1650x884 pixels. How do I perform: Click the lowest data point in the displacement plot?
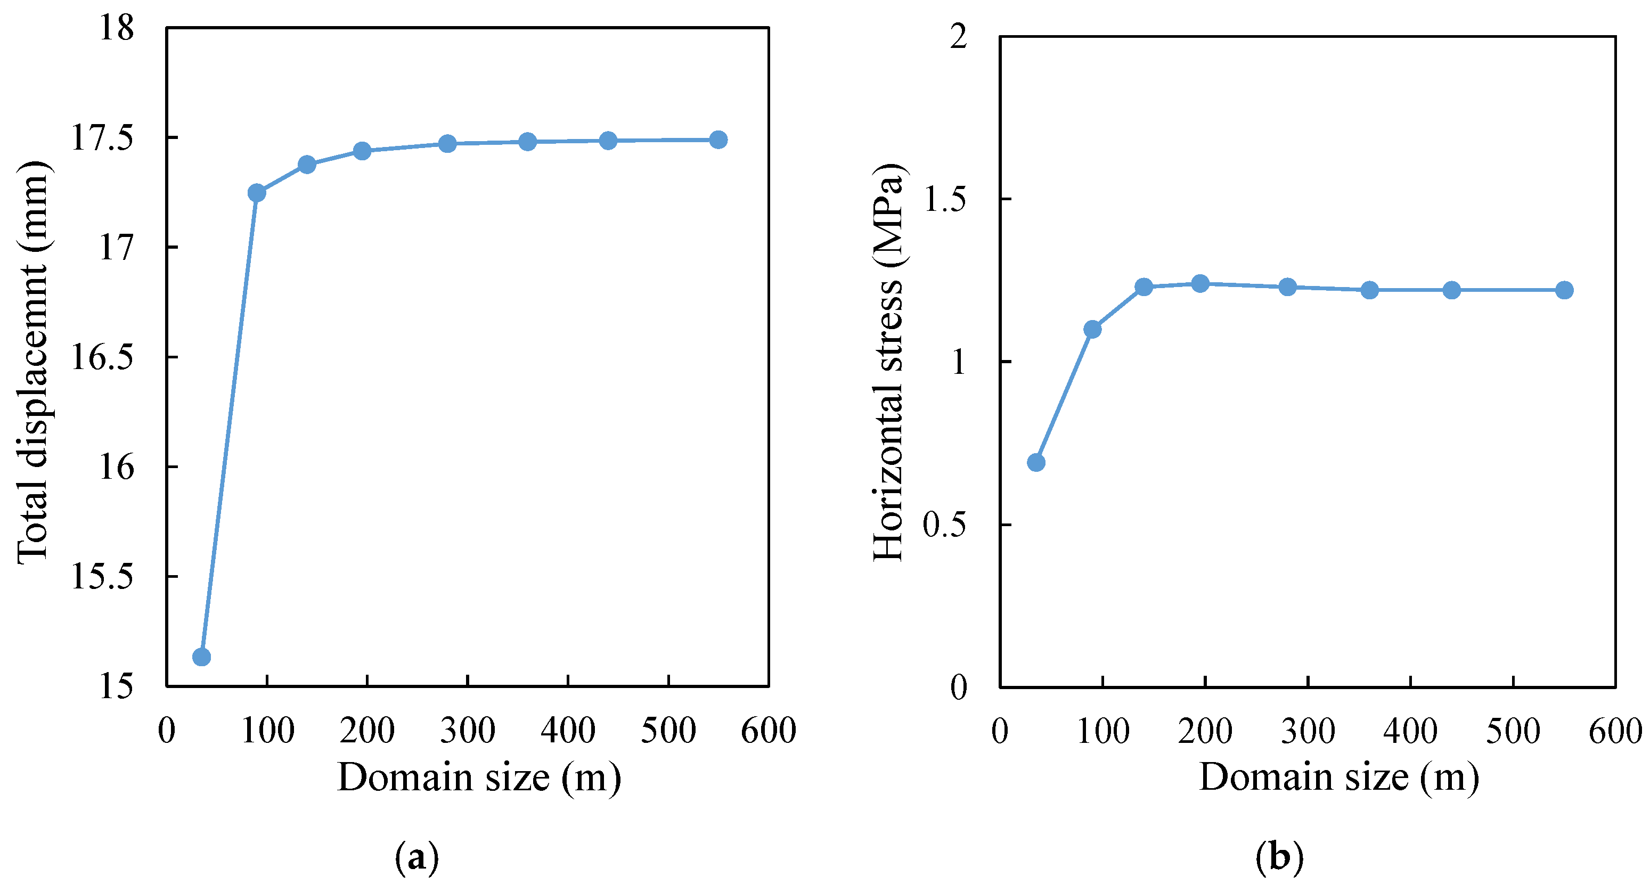(x=202, y=657)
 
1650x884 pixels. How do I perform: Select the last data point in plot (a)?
(x=718, y=140)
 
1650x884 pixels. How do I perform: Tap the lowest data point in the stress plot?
(x=1036, y=462)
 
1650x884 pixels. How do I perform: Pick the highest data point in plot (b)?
(x=1200, y=283)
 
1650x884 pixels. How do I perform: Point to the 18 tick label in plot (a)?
(x=117, y=28)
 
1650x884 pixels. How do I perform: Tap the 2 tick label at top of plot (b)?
(x=958, y=37)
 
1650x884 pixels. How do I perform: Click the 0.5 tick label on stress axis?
(x=945, y=525)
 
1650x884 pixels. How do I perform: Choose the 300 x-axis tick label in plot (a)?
(x=468, y=730)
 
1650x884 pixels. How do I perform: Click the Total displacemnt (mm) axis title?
(x=32, y=362)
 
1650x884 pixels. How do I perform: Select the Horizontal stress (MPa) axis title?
(x=888, y=362)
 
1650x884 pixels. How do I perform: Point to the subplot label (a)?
(x=417, y=857)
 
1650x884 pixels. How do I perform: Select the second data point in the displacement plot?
(x=256, y=192)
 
